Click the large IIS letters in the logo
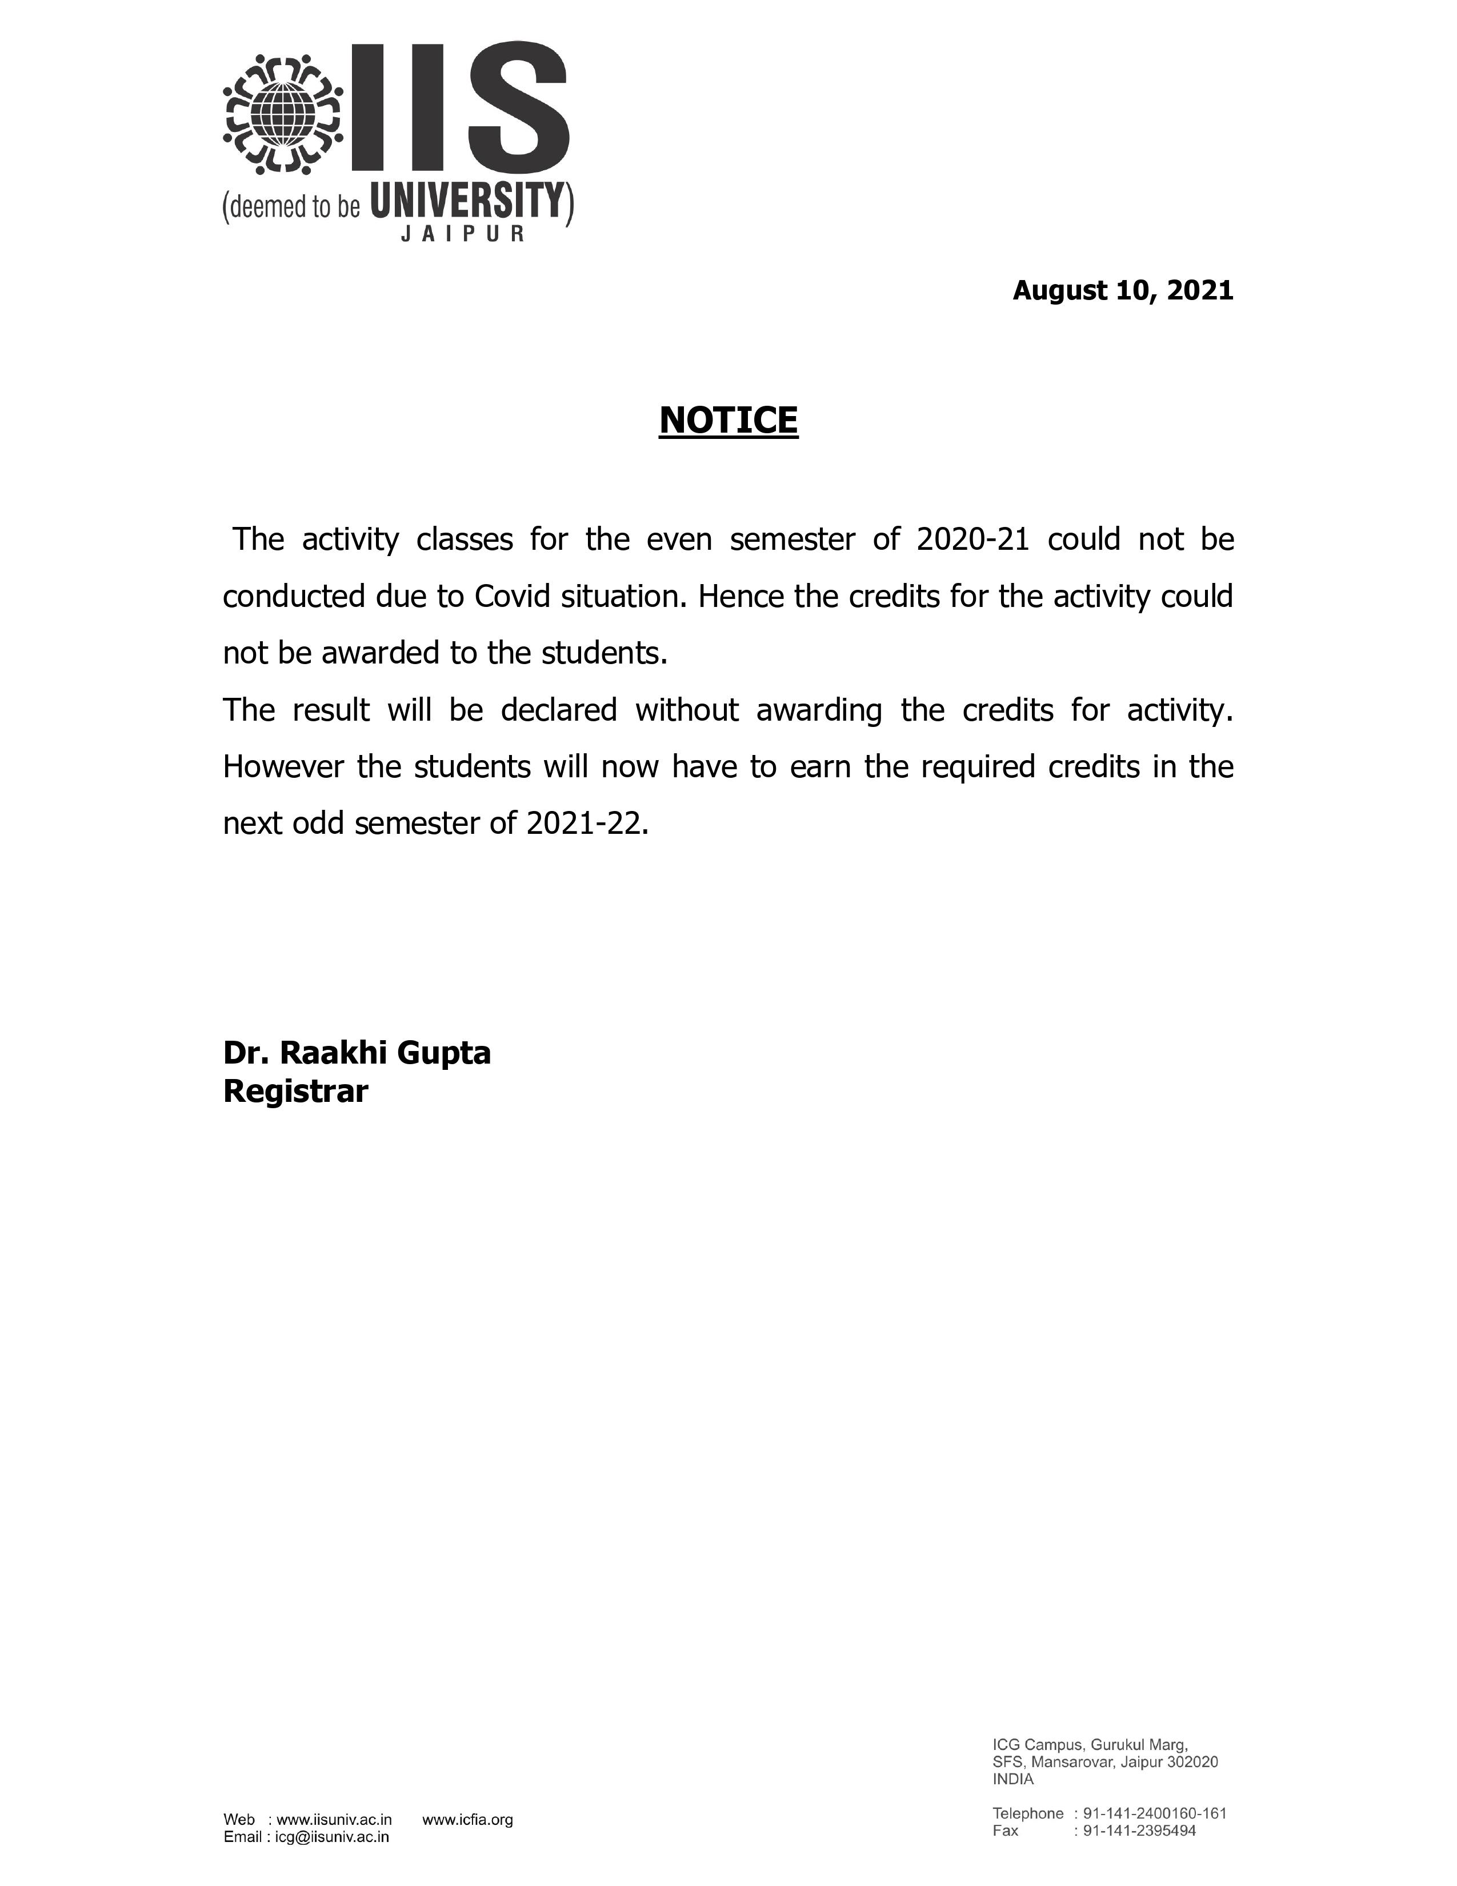coord(461,108)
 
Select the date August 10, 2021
coord(1122,291)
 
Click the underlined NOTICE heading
coord(728,421)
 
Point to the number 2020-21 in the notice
coord(973,540)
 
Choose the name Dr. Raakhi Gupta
coord(357,1053)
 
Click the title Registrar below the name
coord(295,1092)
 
